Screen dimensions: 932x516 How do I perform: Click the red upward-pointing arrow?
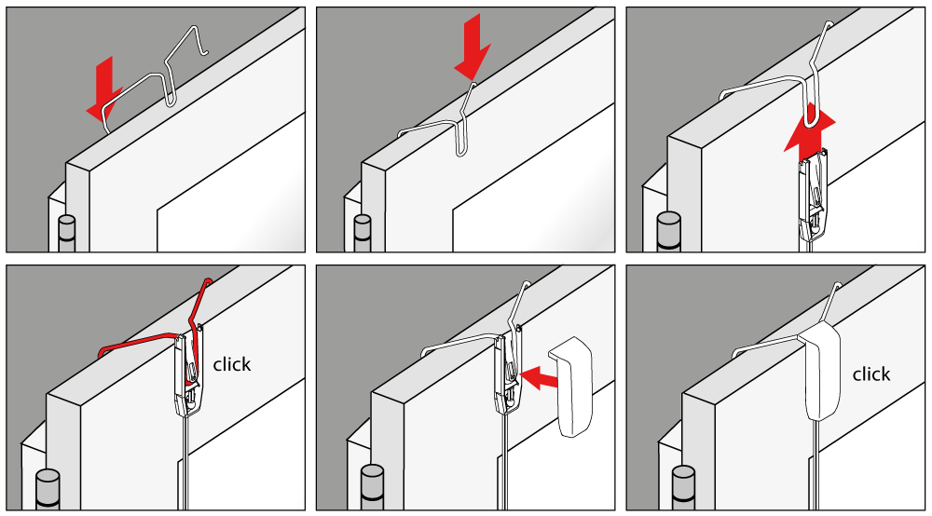point(810,135)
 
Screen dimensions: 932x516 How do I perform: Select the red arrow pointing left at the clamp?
point(539,377)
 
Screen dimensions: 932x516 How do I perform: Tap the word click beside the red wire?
point(232,364)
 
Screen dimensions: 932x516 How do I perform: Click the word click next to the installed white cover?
point(871,374)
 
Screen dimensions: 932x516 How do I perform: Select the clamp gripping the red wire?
point(189,368)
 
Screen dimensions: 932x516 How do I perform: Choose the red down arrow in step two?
point(473,48)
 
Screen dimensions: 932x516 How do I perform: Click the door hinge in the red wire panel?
point(48,489)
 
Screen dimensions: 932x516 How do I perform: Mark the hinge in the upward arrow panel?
point(668,232)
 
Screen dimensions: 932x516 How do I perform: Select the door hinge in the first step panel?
point(66,234)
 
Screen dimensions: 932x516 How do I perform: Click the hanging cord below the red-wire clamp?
point(186,463)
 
